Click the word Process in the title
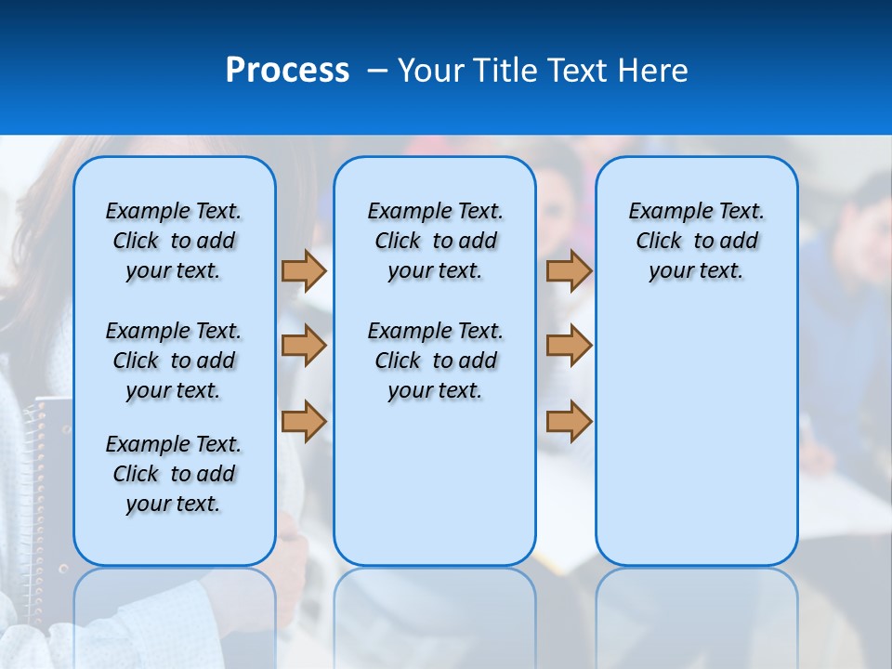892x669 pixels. coord(287,71)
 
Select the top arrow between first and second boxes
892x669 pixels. coord(304,270)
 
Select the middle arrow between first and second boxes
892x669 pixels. coord(304,346)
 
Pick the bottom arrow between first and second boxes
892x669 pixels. coord(304,421)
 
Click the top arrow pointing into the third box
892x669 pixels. coord(569,270)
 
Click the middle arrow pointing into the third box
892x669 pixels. coord(569,346)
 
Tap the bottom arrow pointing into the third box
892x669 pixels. coord(569,421)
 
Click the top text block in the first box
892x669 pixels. coord(174,241)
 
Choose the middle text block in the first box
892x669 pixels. coord(174,361)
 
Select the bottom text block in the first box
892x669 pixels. coord(174,474)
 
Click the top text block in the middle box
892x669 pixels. coord(435,241)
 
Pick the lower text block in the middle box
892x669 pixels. coord(435,361)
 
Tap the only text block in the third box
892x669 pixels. coord(696,241)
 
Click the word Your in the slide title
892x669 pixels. coord(432,71)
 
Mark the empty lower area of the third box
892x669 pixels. coord(696,437)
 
